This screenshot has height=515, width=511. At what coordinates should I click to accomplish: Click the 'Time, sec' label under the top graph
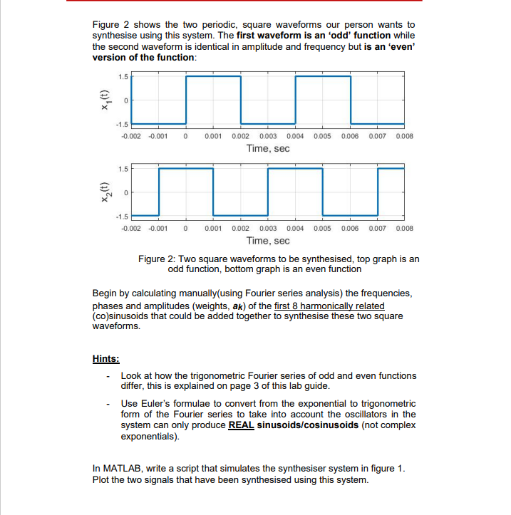pos(267,148)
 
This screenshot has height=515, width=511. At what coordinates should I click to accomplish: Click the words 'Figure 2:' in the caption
pos(158,259)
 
